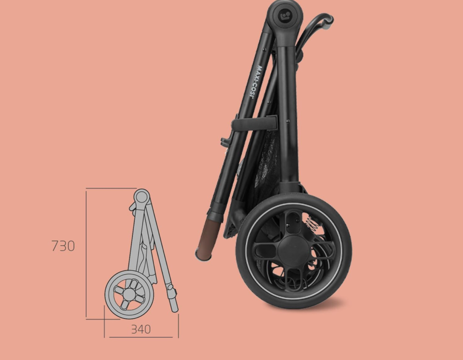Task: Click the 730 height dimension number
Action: [x=63, y=246]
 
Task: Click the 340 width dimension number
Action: [x=141, y=329]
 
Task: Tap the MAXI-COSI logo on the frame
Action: [x=256, y=82]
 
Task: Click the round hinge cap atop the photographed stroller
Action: [x=285, y=15]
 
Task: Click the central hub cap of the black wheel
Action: [x=293, y=250]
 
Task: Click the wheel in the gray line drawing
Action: [x=129, y=294]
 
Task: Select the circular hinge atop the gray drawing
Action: [x=142, y=196]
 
